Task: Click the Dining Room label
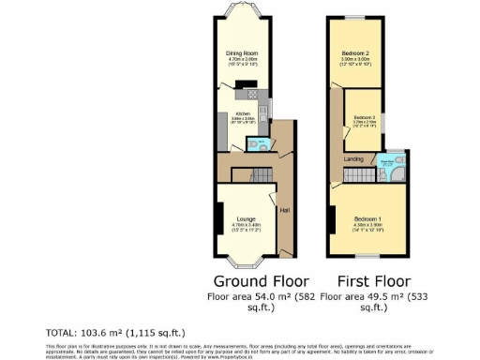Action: [x=242, y=53]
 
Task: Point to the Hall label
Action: [x=284, y=209]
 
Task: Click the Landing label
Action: [x=353, y=159]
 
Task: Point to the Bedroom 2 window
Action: [x=354, y=17]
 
